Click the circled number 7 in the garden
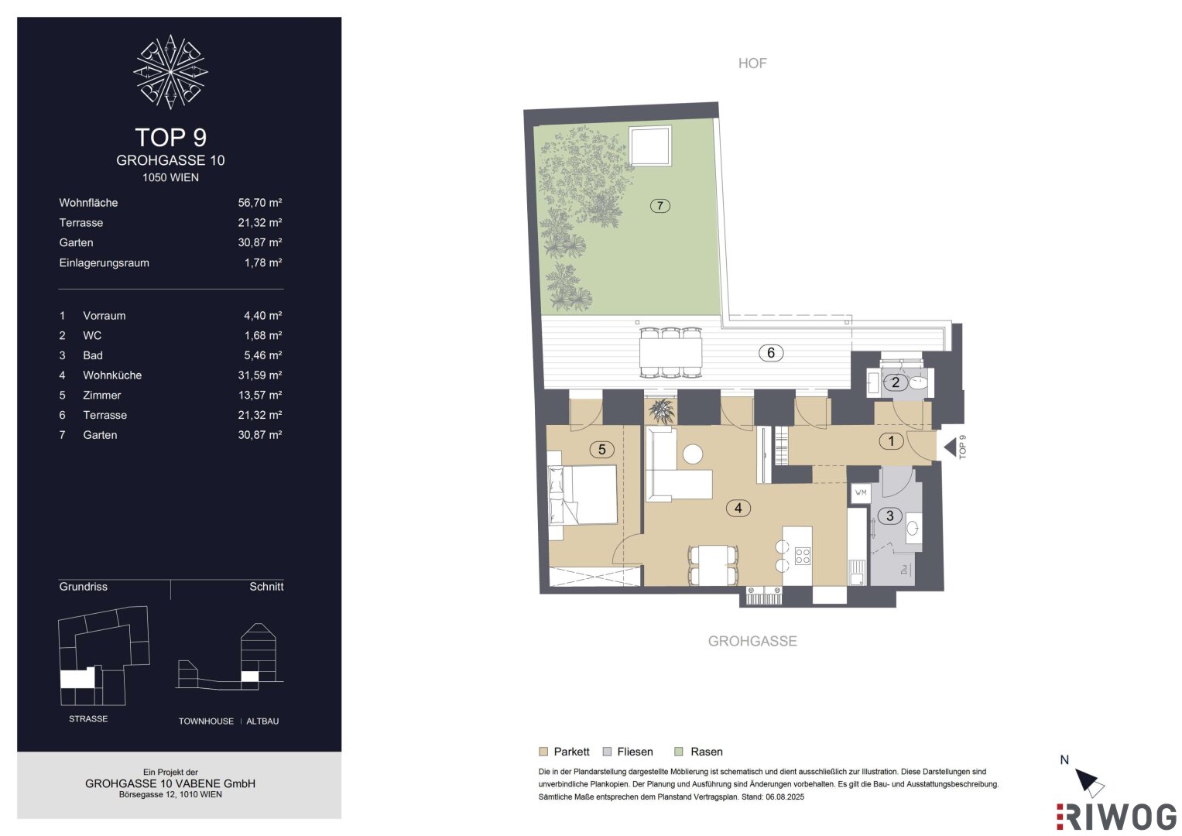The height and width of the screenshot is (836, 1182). [x=660, y=205]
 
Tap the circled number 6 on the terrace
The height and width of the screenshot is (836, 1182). [x=770, y=352]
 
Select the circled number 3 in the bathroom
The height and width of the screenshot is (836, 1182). [x=889, y=516]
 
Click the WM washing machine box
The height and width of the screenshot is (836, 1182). [x=860, y=493]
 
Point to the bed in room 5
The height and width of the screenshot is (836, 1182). [x=583, y=495]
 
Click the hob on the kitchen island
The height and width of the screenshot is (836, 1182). [x=803, y=556]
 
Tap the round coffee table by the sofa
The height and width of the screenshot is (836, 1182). [x=692, y=454]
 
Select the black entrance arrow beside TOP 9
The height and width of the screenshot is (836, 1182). [x=950, y=447]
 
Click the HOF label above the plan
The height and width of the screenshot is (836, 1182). [x=752, y=63]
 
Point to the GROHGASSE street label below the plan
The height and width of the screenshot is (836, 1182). [x=752, y=641]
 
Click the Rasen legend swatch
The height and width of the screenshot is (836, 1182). [x=679, y=752]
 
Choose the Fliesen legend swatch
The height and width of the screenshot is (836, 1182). [x=608, y=752]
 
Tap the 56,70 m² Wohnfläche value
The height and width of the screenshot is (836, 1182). [x=259, y=203]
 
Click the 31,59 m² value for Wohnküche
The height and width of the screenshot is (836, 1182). [x=259, y=375]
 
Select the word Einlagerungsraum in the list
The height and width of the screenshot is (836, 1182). [x=104, y=263]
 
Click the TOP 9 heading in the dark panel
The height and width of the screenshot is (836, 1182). [x=170, y=137]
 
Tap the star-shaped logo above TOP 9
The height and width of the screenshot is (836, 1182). [x=170, y=72]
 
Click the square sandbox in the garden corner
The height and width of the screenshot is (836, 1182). [x=650, y=146]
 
